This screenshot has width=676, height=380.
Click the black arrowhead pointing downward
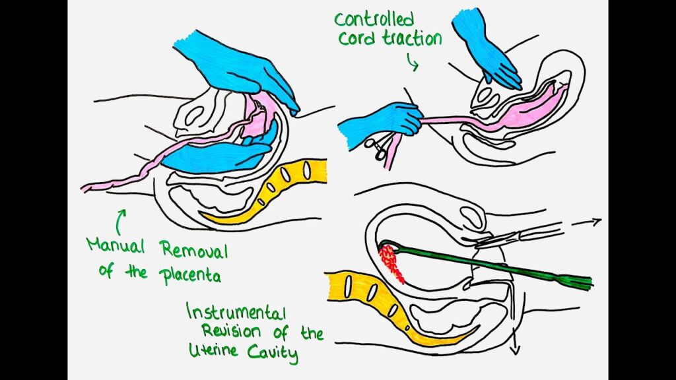515,350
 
